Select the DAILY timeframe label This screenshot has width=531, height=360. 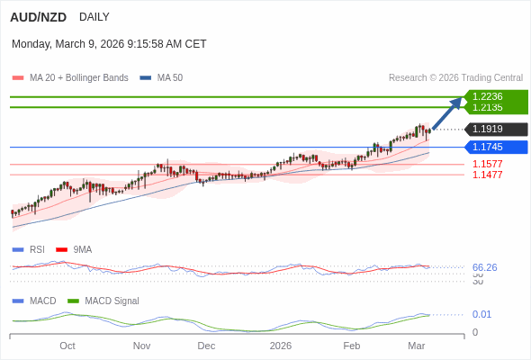coord(94,17)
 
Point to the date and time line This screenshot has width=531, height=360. coord(109,43)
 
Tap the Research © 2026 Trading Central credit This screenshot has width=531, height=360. coord(455,78)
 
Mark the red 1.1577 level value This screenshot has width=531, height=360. coord(487,164)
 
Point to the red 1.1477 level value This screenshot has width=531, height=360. coord(487,175)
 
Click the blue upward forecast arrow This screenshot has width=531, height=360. coord(447,113)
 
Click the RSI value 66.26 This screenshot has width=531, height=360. coord(484,267)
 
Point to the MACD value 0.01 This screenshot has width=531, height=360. coord(481,314)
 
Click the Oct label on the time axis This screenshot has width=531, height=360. coord(67,346)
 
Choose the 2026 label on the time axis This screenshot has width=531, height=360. coord(281,346)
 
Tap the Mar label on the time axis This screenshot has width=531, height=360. coord(416,346)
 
